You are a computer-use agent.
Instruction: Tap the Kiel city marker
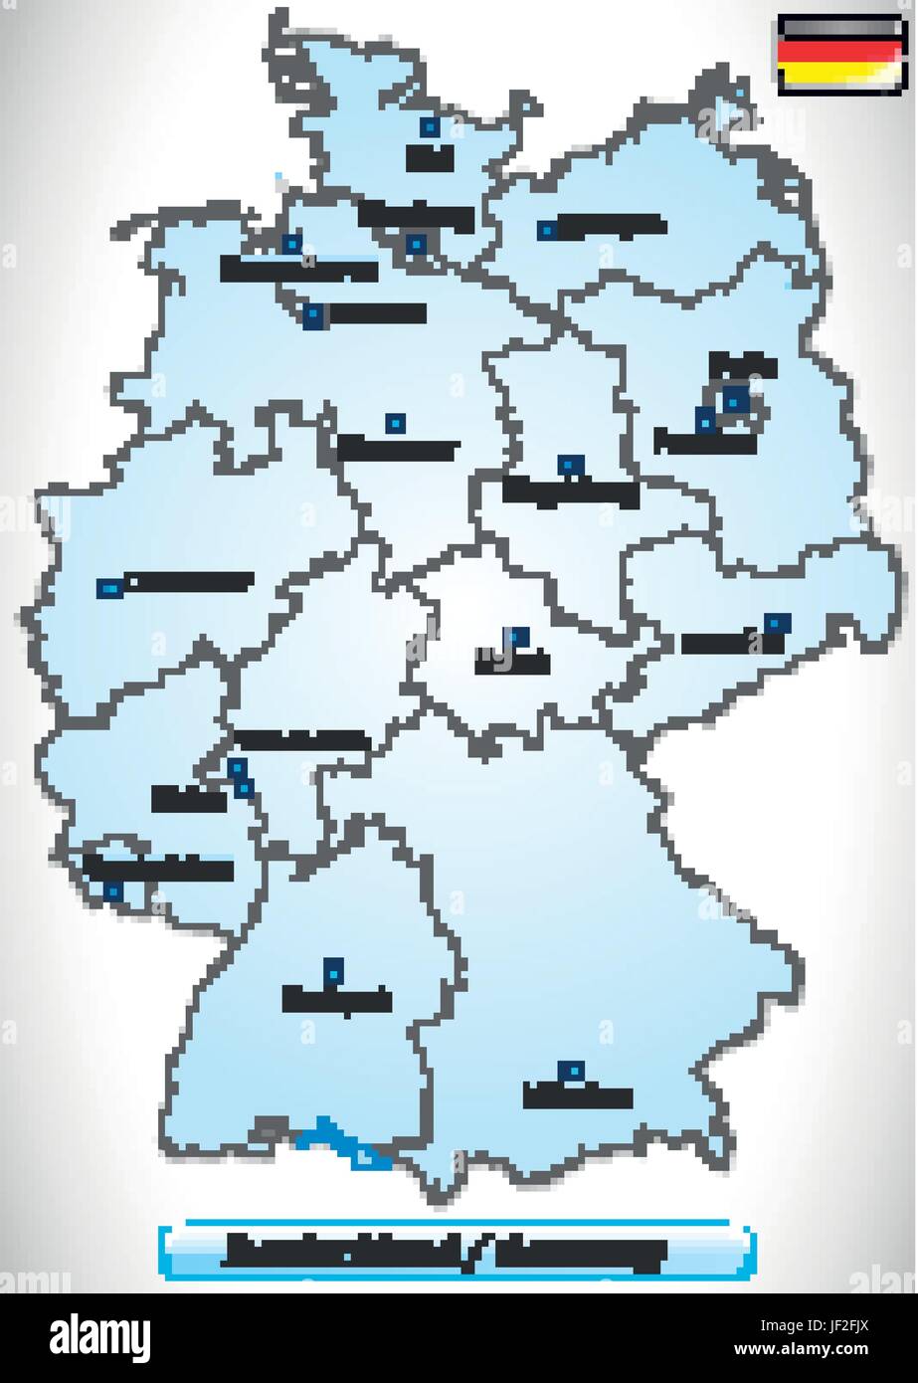coord(430,126)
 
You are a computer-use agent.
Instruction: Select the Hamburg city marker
coord(416,243)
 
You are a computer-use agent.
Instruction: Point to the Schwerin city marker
coord(545,230)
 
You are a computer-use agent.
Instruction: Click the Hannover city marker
coord(395,423)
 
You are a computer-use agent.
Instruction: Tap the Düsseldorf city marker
coord(106,589)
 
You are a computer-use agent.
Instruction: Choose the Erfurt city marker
coord(515,636)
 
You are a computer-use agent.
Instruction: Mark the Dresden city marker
coord(773,622)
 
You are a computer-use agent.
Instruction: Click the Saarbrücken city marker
coord(114,891)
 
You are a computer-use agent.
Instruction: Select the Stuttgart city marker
coord(334,967)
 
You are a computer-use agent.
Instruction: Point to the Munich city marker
coord(570,1071)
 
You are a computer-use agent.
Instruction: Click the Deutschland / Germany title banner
coord(457,1251)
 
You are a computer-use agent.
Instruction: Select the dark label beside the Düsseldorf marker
coord(187,581)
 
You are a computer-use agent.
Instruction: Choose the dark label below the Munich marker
coord(578,1096)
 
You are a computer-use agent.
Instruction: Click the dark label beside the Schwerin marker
coord(610,226)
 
